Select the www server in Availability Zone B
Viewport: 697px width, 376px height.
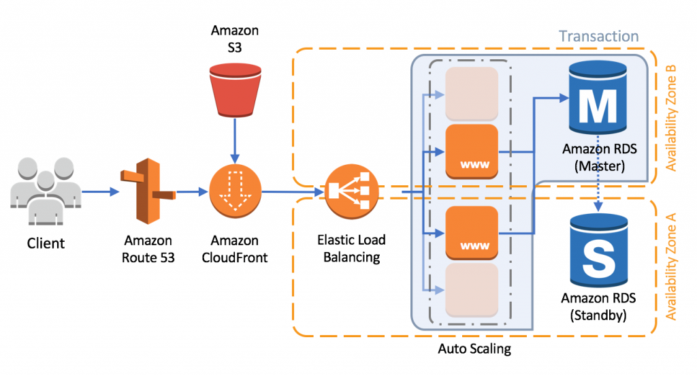click(472, 151)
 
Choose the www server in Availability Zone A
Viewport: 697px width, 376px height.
click(472, 234)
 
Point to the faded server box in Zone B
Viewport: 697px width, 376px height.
click(472, 94)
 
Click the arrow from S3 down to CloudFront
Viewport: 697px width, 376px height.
click(234, 140)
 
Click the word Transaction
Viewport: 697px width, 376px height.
click(598, 37)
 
